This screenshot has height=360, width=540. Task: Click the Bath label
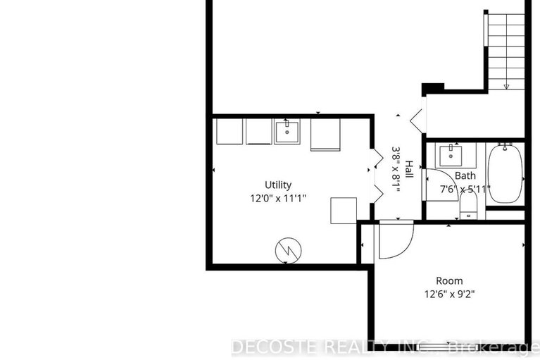pyautogui.click(x=465, y=175)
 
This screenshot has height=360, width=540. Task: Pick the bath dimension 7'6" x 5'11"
pyautogui.click(x=465, y=189)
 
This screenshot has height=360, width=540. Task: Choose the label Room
pyautogui.click(x=449, y=281)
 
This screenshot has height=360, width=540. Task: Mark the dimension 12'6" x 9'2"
pyautogui.click(x=449, y=294)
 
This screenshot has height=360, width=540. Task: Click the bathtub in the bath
pyautogui.click(x=505, y=173)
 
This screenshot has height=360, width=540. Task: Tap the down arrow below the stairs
pyautogui.click(x=507, y=85)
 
